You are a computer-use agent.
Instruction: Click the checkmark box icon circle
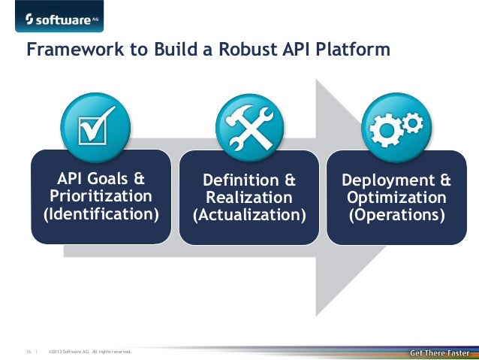95,126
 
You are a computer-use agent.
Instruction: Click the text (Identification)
101,215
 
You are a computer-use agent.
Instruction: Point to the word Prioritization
101,197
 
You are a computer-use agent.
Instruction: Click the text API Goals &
101,179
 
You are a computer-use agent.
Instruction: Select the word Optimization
396,198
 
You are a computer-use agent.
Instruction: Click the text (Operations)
396,216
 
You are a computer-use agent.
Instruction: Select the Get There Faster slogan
440,352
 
